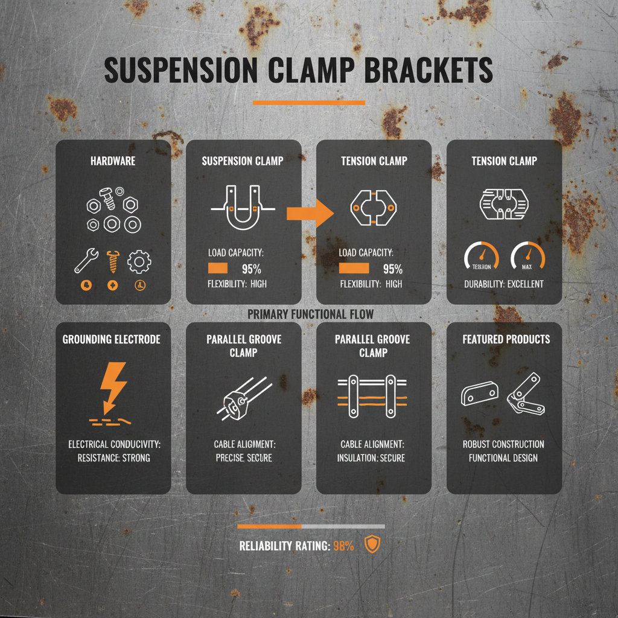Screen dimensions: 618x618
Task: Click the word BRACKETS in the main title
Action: tap(428, 72)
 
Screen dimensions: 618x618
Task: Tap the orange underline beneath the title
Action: tap(309, 103)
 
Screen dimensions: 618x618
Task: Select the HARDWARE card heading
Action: tap(113, 161)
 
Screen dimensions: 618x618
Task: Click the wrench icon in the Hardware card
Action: tap(84, 261)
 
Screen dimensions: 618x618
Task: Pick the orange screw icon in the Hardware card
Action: tap(112, 261)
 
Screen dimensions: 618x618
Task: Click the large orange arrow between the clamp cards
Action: tap(310, 212)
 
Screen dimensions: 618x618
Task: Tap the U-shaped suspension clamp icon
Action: tap(243, 208)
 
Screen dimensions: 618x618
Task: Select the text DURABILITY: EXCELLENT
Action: tap(504, 284)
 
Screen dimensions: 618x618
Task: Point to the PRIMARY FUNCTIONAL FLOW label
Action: tap(310, 314)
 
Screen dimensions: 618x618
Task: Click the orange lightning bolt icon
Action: tap(113, 385)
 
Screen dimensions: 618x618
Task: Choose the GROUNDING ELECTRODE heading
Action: tap(112, 340)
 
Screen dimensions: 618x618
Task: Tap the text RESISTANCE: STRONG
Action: tap(113, 458)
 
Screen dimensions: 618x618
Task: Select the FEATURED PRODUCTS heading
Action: tap(506, 339)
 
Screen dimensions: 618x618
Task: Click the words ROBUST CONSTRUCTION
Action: tap(503, 444)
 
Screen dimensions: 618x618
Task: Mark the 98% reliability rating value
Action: tap(343, 546)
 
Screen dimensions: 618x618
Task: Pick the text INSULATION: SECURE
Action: tap(371, 458)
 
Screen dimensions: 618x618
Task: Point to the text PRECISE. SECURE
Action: tap(243, 458)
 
